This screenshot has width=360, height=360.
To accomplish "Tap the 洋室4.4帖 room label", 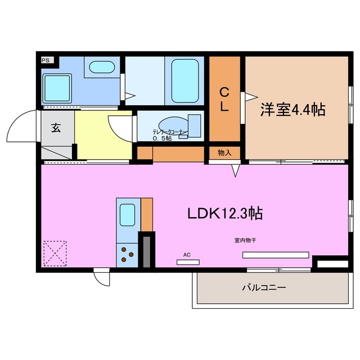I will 292,109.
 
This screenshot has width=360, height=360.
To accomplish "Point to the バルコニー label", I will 264,287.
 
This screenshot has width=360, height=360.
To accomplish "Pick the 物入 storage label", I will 224,152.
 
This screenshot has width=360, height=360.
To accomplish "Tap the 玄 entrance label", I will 56,128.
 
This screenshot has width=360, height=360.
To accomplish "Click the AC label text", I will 187,255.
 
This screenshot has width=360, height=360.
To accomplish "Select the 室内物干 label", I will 246,241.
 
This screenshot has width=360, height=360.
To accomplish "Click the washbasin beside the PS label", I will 101,67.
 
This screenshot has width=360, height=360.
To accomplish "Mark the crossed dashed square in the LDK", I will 55,253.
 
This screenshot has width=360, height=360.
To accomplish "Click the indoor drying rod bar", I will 276,255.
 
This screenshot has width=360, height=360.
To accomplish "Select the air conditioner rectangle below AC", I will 188,262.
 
